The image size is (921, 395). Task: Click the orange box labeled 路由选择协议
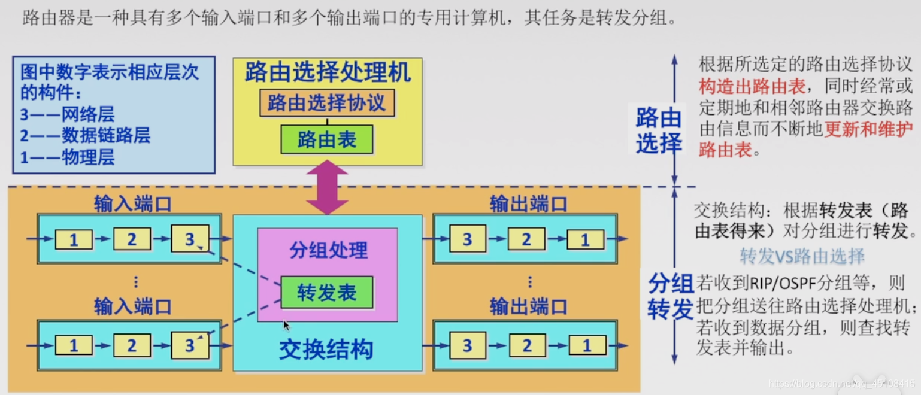pyautogui.click(x=327, y=103)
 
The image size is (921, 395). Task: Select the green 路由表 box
pyautogui.click(x=327, y=139)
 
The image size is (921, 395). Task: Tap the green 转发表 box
pyautogui.click(x=327, y=292)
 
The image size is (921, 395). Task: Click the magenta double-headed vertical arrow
pyautogui.click(x=327, y=187)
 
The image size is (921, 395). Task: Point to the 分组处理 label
pyautogui.click(x=328, y=251)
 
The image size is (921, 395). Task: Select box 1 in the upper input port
pyautogui.click(x=74, y=240)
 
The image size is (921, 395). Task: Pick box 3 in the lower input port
pyautogui.click(x=190, y=345)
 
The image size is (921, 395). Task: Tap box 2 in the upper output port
pyautogui.click(x=526, y=240)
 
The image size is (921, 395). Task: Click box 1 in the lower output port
pyautogui.click(x=587, y=345)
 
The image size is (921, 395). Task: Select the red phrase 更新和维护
pyautogui.click(x=868, y=129)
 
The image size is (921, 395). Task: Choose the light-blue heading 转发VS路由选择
pyautogui.click(x=802, y=256)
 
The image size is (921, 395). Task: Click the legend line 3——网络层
pyautogui.click(x=67, y=114)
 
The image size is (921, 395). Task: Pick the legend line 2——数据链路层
pyautogui.click(x=85, y=135)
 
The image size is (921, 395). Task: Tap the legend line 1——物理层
pyautogui.click(x=67, y=157)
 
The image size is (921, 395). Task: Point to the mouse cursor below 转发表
pyautogui.click(x=286, y=325)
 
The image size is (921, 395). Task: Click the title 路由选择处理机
pyautogui.click(x=328, y=73)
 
